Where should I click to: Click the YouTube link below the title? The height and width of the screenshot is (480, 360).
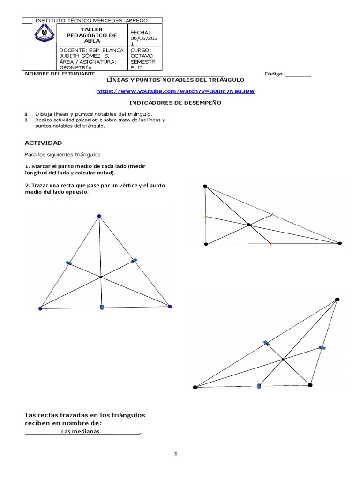pos(175,91)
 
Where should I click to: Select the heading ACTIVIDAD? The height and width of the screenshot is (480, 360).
pos(43,142)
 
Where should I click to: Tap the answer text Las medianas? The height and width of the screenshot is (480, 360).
pos(80,431)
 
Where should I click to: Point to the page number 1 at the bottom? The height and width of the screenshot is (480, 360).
pos(176,454)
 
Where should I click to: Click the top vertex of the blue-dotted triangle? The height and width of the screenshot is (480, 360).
pos(99,216)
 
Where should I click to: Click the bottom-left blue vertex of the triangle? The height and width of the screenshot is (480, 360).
pos(40,308)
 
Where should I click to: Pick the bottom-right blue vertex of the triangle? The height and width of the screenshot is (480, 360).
pos(170,307)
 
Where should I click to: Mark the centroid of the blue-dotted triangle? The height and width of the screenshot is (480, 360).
pos(100,277)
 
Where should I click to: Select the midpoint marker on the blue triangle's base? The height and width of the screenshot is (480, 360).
pos(102,307)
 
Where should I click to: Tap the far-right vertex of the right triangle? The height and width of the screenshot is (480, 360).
pos(340,243)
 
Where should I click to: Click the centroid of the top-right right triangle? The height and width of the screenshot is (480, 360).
pos(249,225)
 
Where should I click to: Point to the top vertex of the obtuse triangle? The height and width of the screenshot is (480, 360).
pos(337,299)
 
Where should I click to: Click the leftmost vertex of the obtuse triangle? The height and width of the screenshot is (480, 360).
pos(195,387)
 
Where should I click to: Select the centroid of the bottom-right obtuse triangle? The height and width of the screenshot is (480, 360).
pos(283,360)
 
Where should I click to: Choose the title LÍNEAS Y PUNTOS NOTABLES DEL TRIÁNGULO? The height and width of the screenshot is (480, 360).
pos(175,80)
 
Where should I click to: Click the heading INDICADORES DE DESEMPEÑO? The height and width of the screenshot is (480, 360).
pos(175,102)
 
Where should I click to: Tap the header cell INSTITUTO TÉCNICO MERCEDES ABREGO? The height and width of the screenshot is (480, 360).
pos(91,21)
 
